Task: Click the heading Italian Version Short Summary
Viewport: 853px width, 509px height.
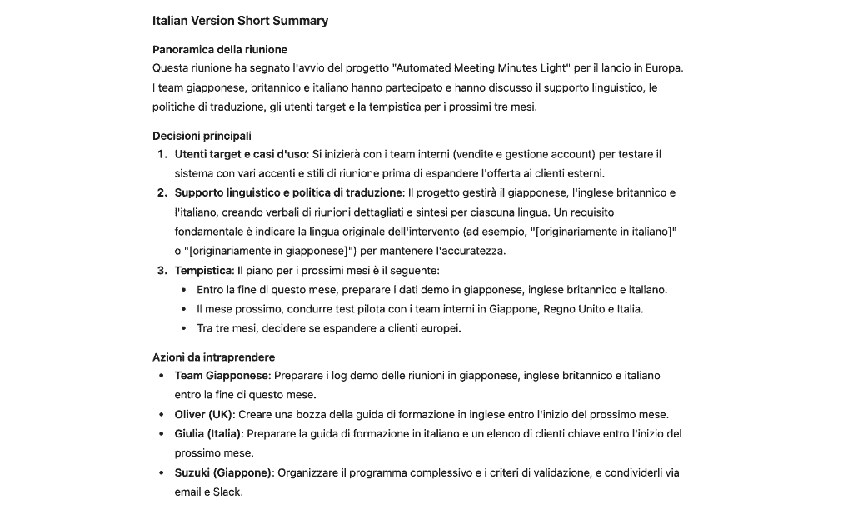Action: [240, 21]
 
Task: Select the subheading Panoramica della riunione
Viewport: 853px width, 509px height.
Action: [220, 49]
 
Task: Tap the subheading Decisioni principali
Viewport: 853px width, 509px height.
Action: [202, 136]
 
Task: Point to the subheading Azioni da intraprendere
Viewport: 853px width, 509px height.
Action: [212, 357]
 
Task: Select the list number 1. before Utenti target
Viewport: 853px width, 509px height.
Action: [162, 154]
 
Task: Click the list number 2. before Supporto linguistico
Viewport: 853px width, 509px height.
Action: [162, 193]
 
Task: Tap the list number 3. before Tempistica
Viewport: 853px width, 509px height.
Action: [162, 271]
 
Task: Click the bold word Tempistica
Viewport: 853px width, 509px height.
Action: [204, 271]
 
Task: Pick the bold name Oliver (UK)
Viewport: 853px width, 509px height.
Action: [203, 414]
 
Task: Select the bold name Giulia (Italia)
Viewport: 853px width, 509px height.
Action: [208, 433]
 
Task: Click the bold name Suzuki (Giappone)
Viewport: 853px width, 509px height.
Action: [223, 472]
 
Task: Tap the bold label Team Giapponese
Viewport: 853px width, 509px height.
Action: [222, 376]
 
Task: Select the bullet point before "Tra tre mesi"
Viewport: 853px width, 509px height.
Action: [184, 328]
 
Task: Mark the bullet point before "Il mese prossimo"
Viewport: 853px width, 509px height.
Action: [184, 309]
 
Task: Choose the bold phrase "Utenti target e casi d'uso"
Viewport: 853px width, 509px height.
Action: [241, 154]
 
